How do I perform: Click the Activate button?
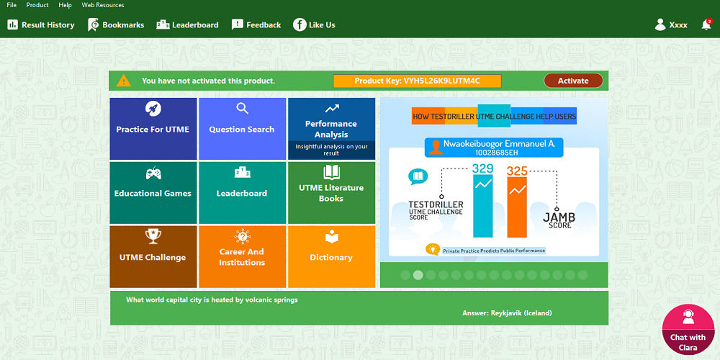[572, 81]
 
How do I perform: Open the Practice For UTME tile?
[153, 129]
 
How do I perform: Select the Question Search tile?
[242, 129]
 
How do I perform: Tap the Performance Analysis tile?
[331, 129]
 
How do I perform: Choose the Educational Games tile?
[153, 193]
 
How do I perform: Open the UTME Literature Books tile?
[331, 193]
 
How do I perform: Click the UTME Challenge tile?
[153, 257]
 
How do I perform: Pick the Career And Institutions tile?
[242, 257]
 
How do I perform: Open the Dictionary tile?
[331, 257]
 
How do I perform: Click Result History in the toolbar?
[41, 25]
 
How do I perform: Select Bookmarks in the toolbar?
[116, 25]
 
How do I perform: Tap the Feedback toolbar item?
[256, 25]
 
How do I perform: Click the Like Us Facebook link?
[314, 25]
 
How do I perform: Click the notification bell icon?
[706, 25]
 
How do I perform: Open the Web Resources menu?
[102, 5]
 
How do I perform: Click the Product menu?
[37, 5]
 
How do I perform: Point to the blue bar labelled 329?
[482, 206]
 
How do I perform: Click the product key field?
[417, 81]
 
